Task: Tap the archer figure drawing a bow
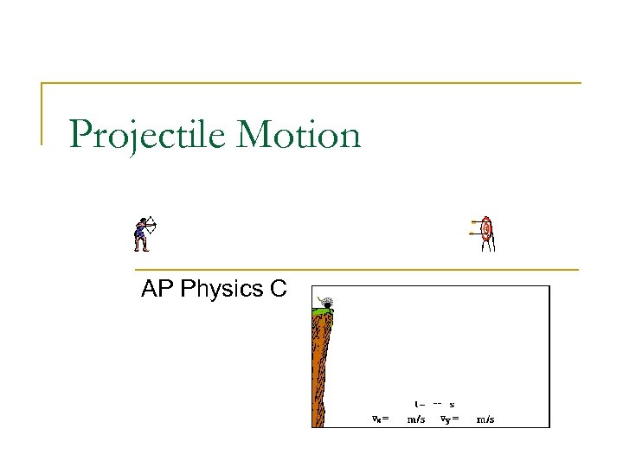coord(144,233)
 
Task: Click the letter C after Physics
coord(278,289)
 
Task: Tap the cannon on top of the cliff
coord(325,302)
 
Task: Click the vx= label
coord(380,419)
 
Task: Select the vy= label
coord(449,419)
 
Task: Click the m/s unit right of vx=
coord(415,419)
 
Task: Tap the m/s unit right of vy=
coord(486,419)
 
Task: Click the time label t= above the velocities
coord(419,404)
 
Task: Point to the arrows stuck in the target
coord(475,227)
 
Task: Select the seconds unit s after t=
coord(452,404)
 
